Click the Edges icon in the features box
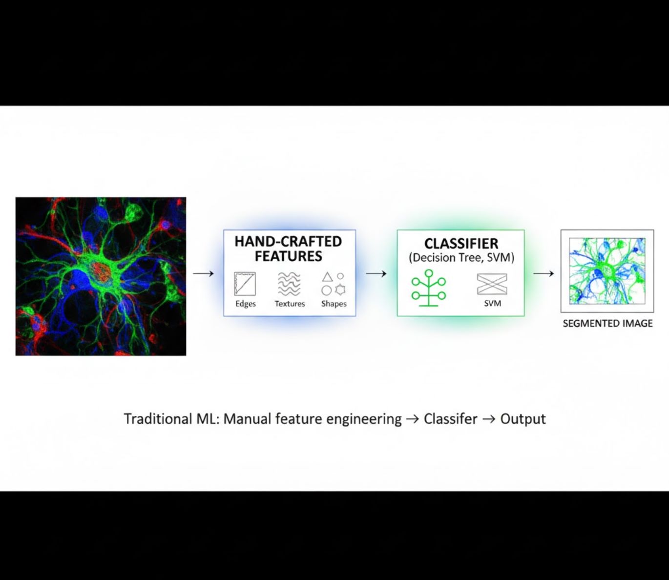(x=245, y=284)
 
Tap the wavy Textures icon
(x=289, y=284)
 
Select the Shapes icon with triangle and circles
(x=334, y=284)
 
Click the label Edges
(x=245, y=304)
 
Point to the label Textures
(x=290, y=304)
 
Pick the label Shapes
(x=334, y=304)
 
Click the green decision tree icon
(x=428, y=288)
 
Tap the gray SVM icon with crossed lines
(x=492, y=284)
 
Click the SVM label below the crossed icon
(x=492, y=303)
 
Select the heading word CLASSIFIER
(x=461, y=243)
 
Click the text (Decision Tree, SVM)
(x=461, y=257)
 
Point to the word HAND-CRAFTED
(x=288, y=241)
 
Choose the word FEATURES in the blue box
(x=288, y=256)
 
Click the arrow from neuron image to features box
(x=203, y=273)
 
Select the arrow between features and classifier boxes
(x=376, y=273)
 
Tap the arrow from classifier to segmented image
(x=543, y=273)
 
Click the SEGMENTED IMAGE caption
(x=607, y=323)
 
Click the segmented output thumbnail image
(x=607, y=271)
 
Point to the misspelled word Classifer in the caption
(x=450, y=419)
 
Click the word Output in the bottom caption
(x=523, y=419)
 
